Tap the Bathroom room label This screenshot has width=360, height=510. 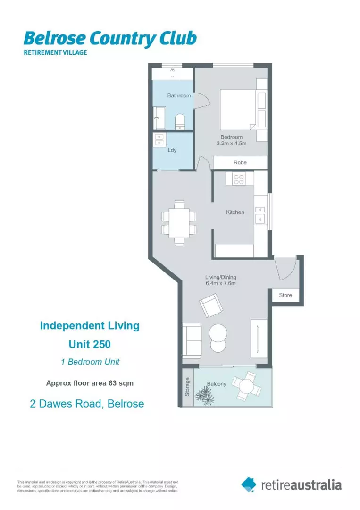(x=179, y=96)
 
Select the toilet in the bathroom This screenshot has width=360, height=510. (x=180, y=122)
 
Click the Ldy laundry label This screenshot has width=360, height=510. (x=172, y=150)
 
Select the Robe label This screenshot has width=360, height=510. (x=240, y=162)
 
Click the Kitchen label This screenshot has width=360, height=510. (x=235, y=212)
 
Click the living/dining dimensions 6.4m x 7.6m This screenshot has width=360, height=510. (x=220, y=284)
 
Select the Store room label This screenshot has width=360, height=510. (x=285, y=295)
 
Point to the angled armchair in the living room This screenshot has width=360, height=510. (x=211, y=306)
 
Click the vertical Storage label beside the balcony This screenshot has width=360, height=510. (x=187, y=386)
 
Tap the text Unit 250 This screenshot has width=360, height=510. (x=90, y=344)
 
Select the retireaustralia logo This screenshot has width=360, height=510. (x=291, y=484)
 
